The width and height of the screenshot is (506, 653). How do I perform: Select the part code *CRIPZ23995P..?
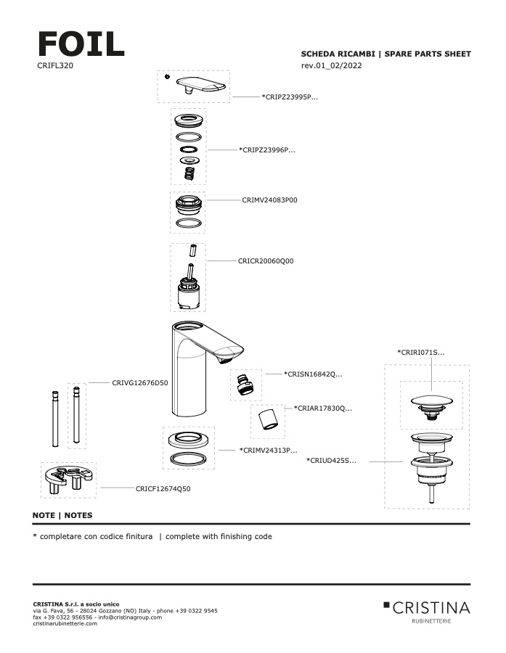pyautogui.click(x=290, y=96)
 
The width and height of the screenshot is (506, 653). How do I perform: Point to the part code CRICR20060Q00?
pyautogui.click(x=266, y=260)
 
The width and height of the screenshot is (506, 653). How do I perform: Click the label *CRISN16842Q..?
pyautogui.click(x=312, y=374)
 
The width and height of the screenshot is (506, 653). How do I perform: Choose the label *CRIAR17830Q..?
pyautogui.click(x=322, y=408)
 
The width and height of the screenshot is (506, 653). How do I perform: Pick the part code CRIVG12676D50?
pyautogui.click(x=139, y=382)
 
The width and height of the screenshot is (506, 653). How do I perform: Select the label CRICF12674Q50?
pyautogui.click(x=163, y=488)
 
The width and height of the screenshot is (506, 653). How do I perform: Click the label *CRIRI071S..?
pyautogui.click(x=421, y=352)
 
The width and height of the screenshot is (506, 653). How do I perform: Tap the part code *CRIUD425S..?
pyautogui.click(x=331, y=460)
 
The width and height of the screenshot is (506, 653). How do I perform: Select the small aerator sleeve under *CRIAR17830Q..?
pyautogui.click(x=267, y=420)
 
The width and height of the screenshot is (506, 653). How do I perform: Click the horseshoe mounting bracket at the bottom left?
pyautogui.click(x=68, y=480)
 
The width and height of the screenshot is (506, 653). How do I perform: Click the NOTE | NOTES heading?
pyautogui.click(x=62, y=515)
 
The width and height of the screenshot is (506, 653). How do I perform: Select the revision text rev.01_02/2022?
pyautogui.click(x=331, y=66)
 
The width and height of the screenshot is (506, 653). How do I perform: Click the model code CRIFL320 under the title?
pyautogui.click(x=54, y=65)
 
